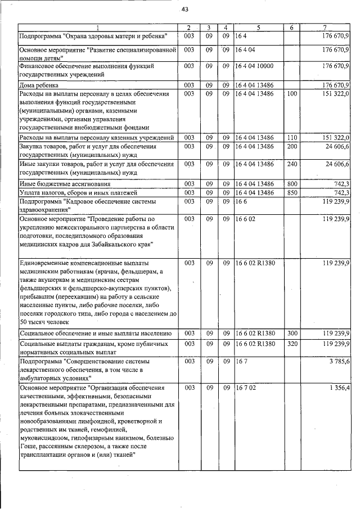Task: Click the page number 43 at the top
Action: coord(184,8)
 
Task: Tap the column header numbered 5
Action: coord(258,28)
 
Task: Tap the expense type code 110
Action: coord(291,138)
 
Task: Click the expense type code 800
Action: coord(291,184)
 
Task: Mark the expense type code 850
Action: coord(291,193)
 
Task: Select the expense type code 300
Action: coord(291,334)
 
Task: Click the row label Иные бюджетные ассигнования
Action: coord(64,184)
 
